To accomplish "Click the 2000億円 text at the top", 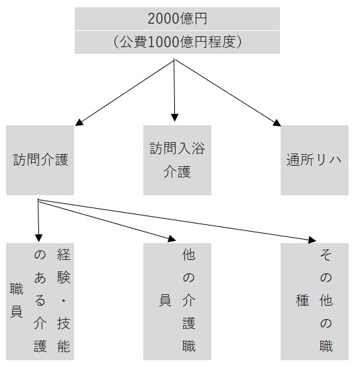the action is point(177,19).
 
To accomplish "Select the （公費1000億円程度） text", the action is point(177,42).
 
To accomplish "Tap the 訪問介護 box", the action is point(40,160).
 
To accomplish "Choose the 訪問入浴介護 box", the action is point(177,160).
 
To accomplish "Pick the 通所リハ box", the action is point(314,160).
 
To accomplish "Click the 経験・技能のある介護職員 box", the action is point(40,302).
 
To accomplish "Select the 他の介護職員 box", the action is point(177,302).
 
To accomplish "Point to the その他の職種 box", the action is point(314,302).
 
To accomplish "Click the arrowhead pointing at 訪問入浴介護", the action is point(174,118).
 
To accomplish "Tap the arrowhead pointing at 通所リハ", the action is point(277,123).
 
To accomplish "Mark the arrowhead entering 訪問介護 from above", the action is point(79,122).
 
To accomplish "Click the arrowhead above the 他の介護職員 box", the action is point(172,239).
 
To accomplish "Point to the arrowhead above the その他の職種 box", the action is point(312,240).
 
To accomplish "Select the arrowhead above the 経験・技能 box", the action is point(38,238).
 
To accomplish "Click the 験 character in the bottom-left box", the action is point(64,277).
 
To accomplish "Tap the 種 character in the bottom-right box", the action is point(303,300).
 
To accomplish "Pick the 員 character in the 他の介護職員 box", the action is point(165,300).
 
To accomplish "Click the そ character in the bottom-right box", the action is point(326,255).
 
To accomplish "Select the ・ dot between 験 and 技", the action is point(63,300).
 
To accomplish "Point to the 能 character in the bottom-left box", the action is point(64,346).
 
